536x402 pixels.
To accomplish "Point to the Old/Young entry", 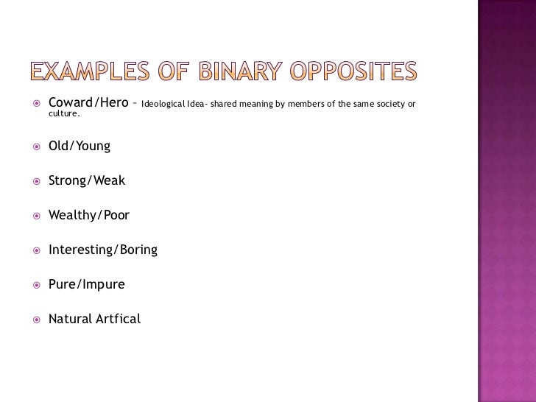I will (x=80, y=146).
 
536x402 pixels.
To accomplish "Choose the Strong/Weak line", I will (x=87, y=180).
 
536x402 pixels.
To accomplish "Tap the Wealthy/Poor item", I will (x=89, y=215).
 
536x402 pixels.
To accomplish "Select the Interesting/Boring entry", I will (x=103, y=250).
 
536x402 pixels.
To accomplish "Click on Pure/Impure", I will (x=87, y=284).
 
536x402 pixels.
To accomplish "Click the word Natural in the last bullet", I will (x=69, y=319).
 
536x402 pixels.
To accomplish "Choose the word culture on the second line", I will (x=63, y=114).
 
